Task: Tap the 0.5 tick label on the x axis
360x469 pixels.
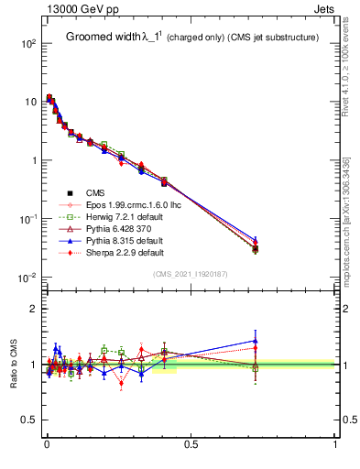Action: (191, 446)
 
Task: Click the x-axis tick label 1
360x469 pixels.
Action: (335, 446)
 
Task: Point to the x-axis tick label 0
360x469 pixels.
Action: (46, 446)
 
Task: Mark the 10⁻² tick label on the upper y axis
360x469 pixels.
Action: (27, 278)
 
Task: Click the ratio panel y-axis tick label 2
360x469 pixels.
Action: (32, 309)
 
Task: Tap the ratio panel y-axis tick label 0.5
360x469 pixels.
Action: (27, 420)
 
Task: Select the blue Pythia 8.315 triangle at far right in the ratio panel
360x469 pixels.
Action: (256, 341)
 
